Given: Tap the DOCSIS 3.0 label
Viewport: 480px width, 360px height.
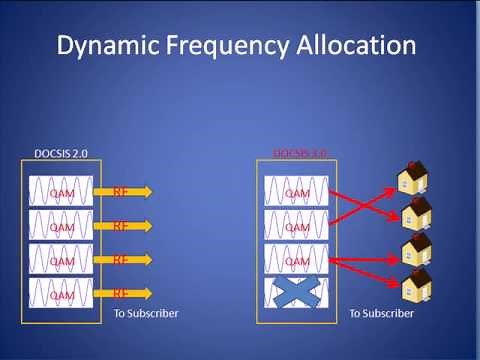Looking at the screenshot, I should click(x=299, y=153).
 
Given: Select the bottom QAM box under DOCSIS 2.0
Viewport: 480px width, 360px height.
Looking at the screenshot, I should click(x=61, y=294).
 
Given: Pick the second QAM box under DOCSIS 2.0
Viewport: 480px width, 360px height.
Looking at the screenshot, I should click(x=61, y=226).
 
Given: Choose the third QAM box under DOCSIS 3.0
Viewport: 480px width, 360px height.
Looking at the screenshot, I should click(x=297, y=260).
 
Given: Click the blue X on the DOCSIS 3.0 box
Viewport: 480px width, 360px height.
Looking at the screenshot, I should click(x=297, y=294).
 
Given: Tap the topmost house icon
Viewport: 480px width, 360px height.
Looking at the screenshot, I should click(x=411, y=177).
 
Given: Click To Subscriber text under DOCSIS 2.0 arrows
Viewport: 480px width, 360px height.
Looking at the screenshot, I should click(x=146, y=313).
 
